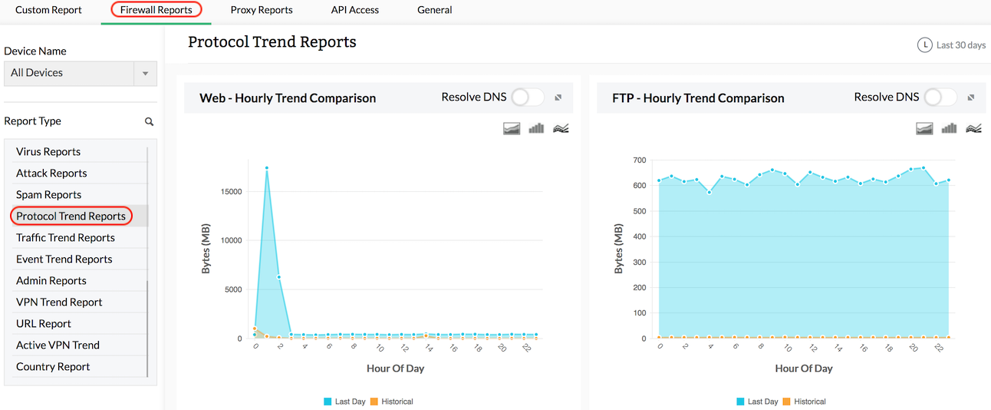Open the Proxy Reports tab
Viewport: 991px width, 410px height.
pos(261,10)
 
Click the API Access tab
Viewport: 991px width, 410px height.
pos(354,10)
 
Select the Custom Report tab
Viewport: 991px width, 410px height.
pos(48,10)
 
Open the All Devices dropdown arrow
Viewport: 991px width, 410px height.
pos(145,74)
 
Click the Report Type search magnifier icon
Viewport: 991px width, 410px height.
pos(150,121)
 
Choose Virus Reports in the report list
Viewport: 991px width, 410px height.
pos(48,152)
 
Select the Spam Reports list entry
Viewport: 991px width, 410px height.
pos(48,195)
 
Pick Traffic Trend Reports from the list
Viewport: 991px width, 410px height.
pos(65,238)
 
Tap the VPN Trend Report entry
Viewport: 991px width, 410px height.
pos(59,303)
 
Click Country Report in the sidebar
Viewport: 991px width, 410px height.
pos(53,367)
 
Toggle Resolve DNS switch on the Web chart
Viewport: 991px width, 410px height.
pos(528,98)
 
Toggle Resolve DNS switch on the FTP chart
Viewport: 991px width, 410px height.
pos(940,98)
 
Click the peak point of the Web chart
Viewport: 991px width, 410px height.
pos(267,167)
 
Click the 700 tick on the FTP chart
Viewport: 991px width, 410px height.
pos(639,160)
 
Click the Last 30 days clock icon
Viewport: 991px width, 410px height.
pos(925,45)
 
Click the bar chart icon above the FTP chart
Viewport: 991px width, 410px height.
pos(949,128)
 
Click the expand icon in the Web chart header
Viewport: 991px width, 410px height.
pos(558,98)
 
